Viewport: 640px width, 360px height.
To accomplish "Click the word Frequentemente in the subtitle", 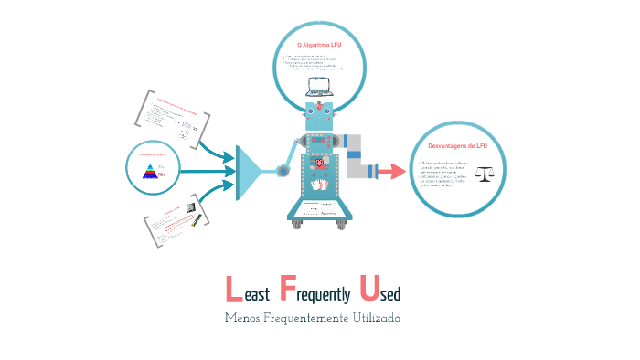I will pos(306,318).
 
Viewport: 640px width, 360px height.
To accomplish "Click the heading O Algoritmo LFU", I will pos(319,45).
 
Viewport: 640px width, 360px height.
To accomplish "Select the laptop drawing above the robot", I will pos(319,87).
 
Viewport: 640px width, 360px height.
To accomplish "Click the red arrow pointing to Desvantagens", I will pos(391,171).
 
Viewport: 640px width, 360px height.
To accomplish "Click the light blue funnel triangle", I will pos(251,171).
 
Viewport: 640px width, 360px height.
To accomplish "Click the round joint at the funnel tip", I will pos(283,170).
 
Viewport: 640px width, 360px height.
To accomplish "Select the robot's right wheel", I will pos(342,222).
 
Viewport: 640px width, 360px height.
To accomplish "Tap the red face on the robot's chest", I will pos(318,164).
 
